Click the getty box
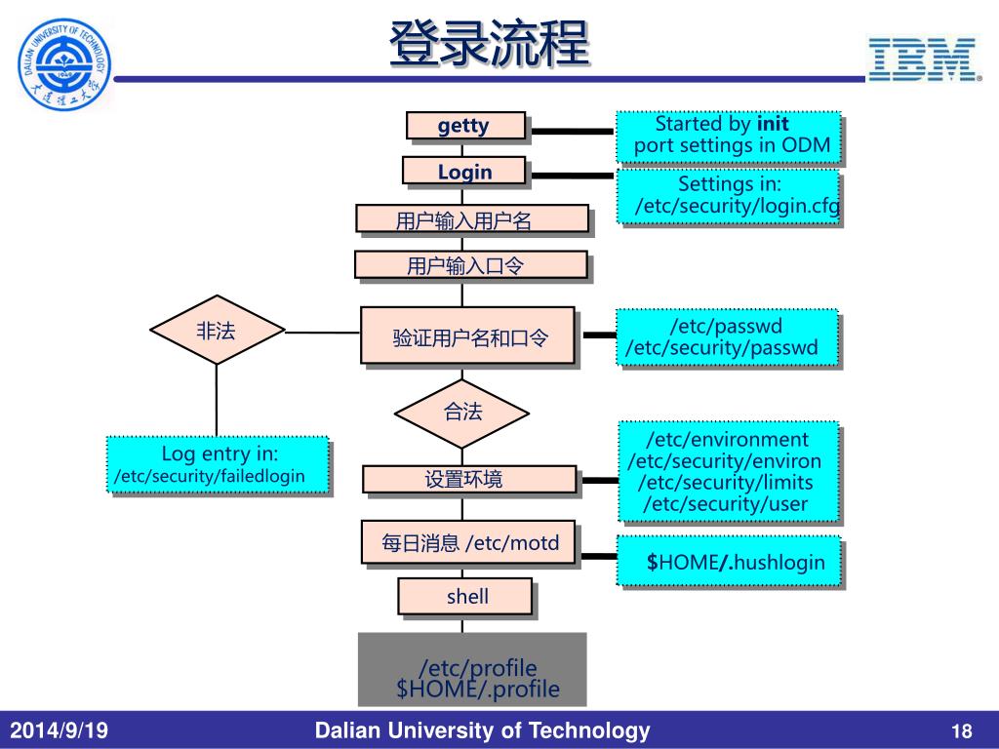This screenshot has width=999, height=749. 465,126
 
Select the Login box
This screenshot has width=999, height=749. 463,172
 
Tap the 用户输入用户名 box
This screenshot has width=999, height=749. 472,219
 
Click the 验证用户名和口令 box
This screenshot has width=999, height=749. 469,337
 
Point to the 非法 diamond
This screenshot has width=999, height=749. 217,331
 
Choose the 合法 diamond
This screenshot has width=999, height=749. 463,412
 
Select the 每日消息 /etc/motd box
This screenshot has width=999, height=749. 469,543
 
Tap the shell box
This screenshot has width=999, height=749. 465,597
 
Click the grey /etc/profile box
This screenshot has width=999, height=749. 472,669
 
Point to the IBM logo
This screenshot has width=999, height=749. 923,59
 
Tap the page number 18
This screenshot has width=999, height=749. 962,731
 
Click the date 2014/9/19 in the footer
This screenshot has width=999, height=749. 60,731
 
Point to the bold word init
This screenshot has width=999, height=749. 773,124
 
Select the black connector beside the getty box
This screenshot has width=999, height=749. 571,130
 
